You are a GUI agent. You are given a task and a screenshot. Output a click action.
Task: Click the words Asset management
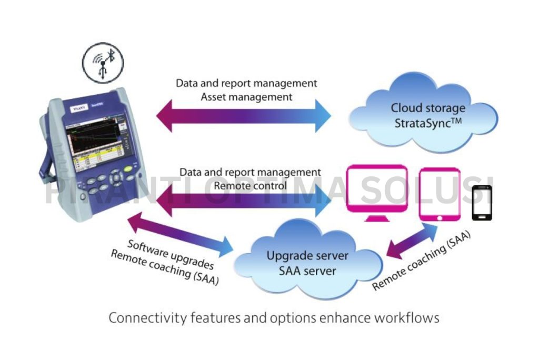pos(247,97)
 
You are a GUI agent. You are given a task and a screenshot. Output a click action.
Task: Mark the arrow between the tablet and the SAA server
pos(413,239)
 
